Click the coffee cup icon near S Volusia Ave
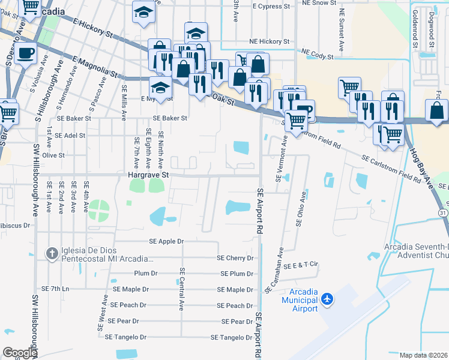26,53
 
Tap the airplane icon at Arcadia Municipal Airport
327,298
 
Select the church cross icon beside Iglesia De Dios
52,254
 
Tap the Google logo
20,353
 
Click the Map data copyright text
424,355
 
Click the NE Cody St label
318,55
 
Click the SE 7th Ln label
55,289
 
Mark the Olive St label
53,155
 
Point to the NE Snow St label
319,3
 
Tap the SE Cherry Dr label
235,258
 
